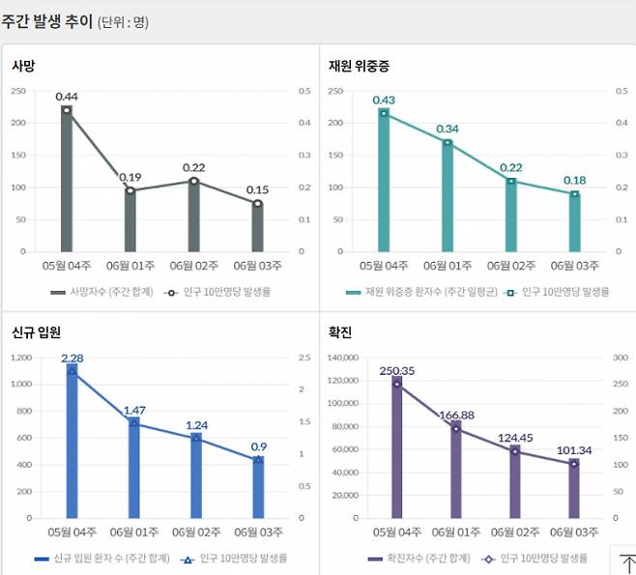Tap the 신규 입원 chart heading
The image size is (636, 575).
(37, 332)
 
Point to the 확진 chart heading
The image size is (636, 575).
(340, 332)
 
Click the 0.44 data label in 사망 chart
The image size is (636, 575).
(67, 96)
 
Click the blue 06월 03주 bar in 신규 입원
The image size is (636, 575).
(259, 489)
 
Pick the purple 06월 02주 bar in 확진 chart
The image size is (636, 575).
(515, 483)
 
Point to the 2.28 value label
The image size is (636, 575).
(72, 359)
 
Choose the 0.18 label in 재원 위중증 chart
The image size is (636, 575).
(574, 180)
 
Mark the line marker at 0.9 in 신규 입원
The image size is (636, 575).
(259, 460)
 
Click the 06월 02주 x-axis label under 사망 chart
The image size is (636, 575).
(197, 266)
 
